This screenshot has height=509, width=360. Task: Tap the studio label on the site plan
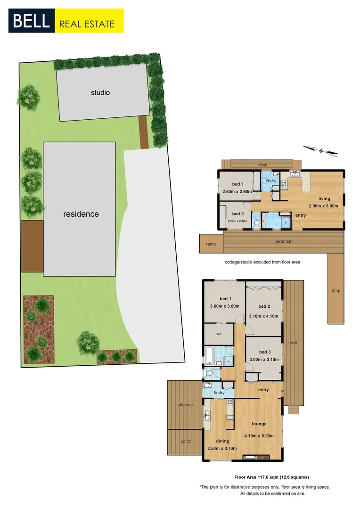tap(100, 93)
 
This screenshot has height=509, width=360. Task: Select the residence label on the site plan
tap(81, 214)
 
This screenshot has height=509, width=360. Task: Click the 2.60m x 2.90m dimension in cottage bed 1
tap(238, 192)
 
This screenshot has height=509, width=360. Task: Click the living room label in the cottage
tap(324, 199)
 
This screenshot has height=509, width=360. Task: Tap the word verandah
tap(284, 242)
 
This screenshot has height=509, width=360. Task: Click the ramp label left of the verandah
tap(210, 244)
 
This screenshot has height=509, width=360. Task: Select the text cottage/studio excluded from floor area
tap(262, 262)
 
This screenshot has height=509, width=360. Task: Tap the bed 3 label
tap(264, 352)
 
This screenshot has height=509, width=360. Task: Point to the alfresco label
tap(185, 405)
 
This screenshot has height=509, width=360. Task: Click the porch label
tap(185, 443)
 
